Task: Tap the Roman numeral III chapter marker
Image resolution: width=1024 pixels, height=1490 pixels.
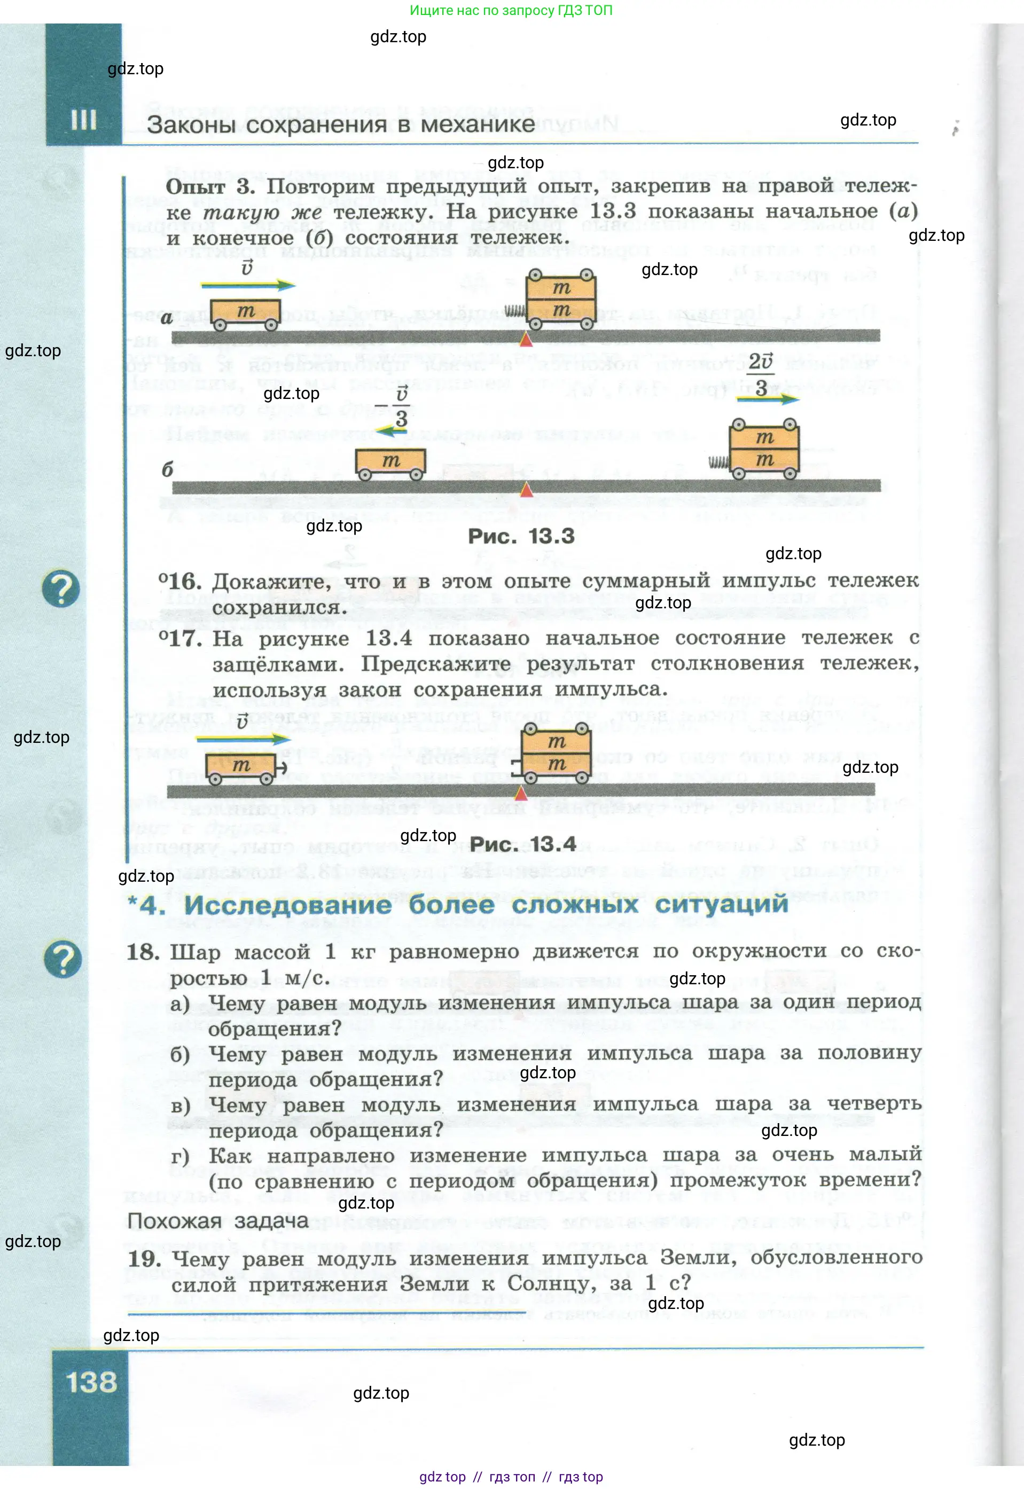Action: point(83,119)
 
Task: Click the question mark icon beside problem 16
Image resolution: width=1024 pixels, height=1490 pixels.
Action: point(61,589)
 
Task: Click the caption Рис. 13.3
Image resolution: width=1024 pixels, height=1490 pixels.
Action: point(520,536)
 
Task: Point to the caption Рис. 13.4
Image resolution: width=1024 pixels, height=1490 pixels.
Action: point(522,844)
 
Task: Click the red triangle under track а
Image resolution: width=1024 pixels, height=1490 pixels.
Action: point(526,339)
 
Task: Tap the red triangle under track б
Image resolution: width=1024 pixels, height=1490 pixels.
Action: point(526,490)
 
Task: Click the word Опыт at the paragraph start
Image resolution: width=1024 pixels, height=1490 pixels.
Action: point(195,187)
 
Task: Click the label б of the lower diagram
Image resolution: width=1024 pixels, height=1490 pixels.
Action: point(167,469)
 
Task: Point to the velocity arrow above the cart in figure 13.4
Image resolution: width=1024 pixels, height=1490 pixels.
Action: point(243,739)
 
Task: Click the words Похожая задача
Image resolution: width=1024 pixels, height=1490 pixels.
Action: point(217,1221)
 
